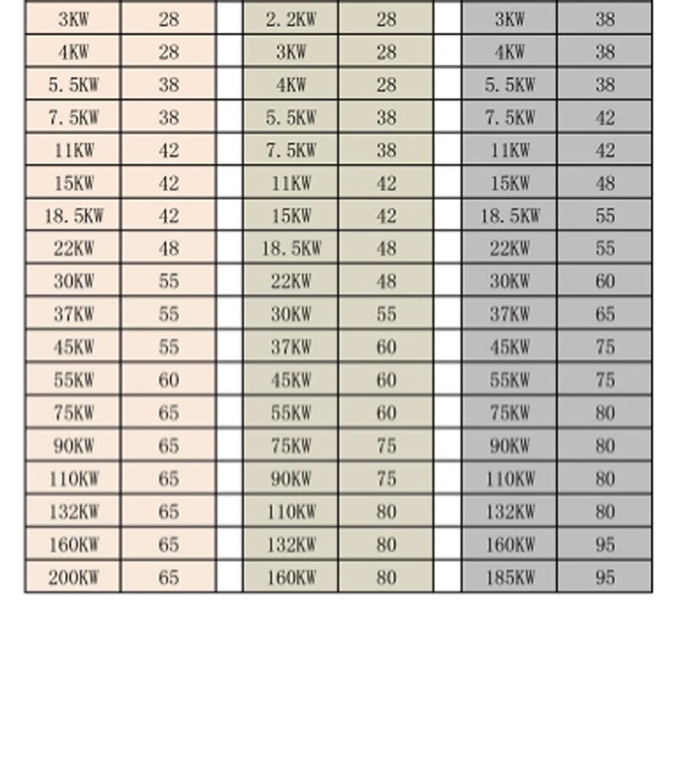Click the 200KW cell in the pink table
(x=73, y=578)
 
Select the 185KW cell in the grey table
(x=510, y=578)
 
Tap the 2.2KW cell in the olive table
(x=291, y=19)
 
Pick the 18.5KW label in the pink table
(x=73, y=216)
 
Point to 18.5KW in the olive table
(x=291, y=249)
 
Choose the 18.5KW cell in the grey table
(x=510, y=216)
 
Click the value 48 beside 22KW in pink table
(x=168, y=249)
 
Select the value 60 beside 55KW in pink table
(x=168, y=380)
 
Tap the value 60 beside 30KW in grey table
(x=605, y=282)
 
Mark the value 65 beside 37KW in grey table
(x=605, y=315)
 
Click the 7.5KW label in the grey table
(x=510, y=118)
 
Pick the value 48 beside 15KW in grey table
(x=605, y=183)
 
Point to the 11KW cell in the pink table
(x=73, y=151)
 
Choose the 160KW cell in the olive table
(x=291, y=578)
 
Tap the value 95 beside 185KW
(x=605, y=578)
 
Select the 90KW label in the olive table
(x=291, y=479)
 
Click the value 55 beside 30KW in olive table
(x=386, y=315)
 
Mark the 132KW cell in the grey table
(x=510, y=512)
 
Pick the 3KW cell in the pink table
(x=73, y=19)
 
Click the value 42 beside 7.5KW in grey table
(x=605, y=118)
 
